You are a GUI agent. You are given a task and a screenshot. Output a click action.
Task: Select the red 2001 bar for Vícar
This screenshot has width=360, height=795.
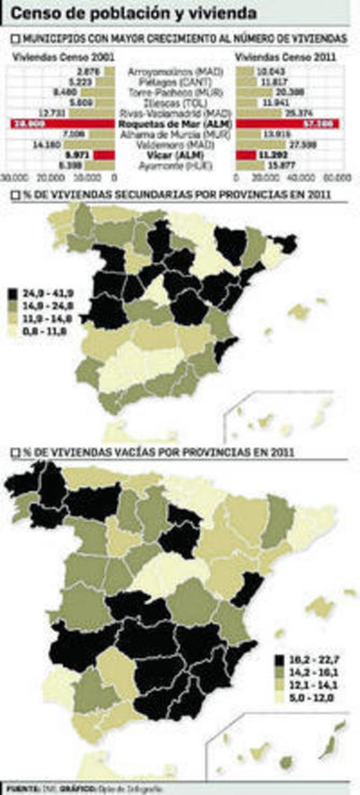click(104, 155)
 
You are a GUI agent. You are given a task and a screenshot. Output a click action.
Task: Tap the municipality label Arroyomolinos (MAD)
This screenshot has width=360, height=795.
click(175, 72)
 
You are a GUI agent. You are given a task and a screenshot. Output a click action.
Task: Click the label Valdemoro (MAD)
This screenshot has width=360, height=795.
click(175, 144)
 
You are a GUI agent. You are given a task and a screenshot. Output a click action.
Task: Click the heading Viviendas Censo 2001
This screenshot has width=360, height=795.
click(63, 57)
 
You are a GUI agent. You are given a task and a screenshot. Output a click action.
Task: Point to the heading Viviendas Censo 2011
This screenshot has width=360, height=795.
click(285, 57)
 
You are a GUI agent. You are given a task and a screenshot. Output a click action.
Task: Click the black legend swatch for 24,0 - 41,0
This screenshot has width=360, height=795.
click(13, 294)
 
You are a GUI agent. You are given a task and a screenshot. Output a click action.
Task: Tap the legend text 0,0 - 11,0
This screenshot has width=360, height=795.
click(45, 332)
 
